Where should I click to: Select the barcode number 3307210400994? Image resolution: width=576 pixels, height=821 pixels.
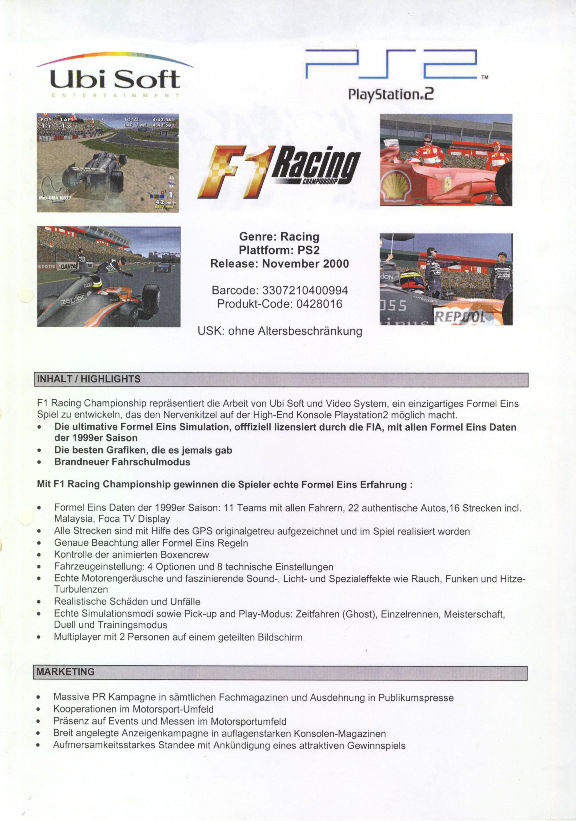305,290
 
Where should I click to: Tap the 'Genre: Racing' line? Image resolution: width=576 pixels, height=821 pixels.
279,237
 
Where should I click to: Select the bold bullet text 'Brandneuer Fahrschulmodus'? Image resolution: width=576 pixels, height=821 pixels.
122,462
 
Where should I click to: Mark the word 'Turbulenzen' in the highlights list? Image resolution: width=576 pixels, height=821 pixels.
81,589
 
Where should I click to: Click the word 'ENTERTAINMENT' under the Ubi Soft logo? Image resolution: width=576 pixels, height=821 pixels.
115,96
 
